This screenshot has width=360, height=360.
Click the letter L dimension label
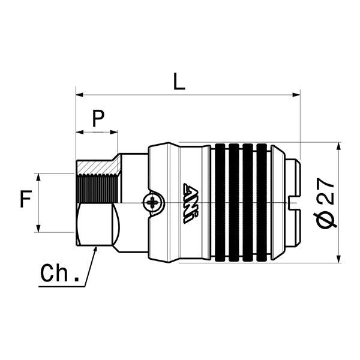coord(178,81)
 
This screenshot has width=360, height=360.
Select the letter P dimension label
coord(98,119)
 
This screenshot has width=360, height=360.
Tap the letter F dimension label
coord(25,199)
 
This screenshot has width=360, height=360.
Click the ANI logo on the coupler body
coord(189,203)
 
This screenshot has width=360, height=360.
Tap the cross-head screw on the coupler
coord(154,202)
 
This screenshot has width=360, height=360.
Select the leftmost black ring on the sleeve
coord(220,203)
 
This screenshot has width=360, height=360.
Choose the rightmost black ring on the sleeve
coord(262,203)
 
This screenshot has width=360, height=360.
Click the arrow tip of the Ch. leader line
coord(96,248)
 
